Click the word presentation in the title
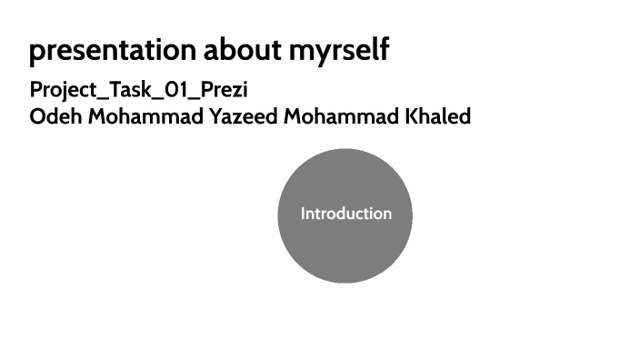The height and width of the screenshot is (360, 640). pos(101,51)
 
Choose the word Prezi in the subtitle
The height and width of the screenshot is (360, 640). pos(220,91)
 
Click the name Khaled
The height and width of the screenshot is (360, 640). pos(441,117)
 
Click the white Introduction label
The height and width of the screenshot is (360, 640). pos(346,215)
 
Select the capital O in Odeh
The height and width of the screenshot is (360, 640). pos(37,117)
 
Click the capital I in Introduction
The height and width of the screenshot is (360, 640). pos(304,215)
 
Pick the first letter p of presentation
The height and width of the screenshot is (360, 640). pos(36,53)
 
